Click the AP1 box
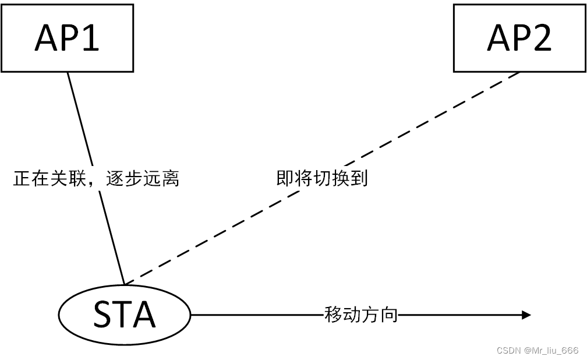67,38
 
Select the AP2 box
519,38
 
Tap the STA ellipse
125,315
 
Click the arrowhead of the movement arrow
526,315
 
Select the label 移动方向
361,315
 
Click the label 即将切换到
322,178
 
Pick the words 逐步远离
143,178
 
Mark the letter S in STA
104,315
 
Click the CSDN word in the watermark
508,350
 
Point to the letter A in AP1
46,38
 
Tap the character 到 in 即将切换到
359,178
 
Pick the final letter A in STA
145,315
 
